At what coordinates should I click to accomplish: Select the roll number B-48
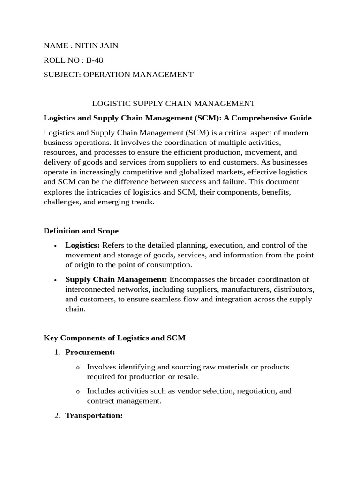coord(95,60)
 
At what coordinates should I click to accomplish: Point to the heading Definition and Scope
coord(81,231)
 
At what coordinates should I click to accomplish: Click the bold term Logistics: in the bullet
coord(82,245)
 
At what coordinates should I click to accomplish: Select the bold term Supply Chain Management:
coord(116,279)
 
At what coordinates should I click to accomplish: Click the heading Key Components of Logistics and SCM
coord(114,337)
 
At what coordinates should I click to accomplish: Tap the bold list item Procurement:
coord(90,352)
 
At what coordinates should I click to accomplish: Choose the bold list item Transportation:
coord(94,415)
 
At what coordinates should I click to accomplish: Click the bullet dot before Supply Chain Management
coord(56,280)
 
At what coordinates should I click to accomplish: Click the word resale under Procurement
coord(188,376)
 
